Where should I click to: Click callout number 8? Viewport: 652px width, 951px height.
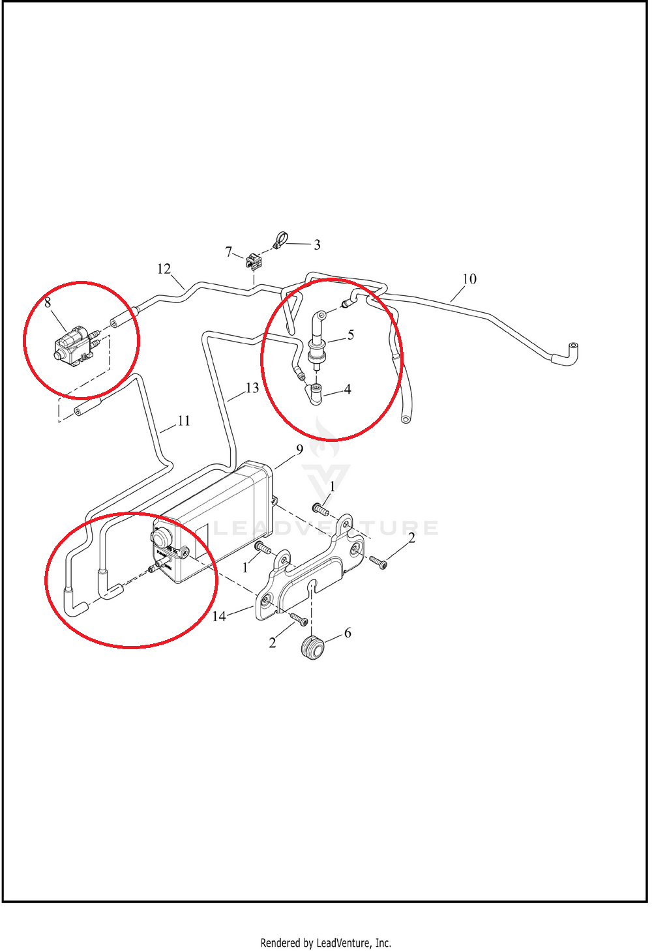[48, 302]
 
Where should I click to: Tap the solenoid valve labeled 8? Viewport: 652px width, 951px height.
[73, 345]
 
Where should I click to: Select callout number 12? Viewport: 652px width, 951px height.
[164, 269]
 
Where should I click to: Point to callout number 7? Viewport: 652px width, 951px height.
[229, 252]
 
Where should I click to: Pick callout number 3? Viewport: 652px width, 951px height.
[318, 245]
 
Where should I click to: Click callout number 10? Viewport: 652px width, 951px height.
[469, 279]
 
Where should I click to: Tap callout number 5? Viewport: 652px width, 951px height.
[351, 335]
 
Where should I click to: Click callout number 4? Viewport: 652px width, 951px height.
[348, 389]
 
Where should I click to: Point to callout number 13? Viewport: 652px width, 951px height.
[252, 388]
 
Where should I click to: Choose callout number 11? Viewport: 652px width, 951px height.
[184, 421]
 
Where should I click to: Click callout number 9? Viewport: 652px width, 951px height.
[300, 450]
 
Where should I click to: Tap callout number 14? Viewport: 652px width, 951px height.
[219, 617]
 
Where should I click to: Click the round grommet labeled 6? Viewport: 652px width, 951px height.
[313, 648]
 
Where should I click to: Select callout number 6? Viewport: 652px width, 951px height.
[348, 633]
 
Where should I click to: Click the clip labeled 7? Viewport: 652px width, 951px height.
[254, 261]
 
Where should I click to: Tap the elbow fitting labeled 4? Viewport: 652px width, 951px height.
[315, 394]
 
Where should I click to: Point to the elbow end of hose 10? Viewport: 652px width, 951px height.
[567, 353]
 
